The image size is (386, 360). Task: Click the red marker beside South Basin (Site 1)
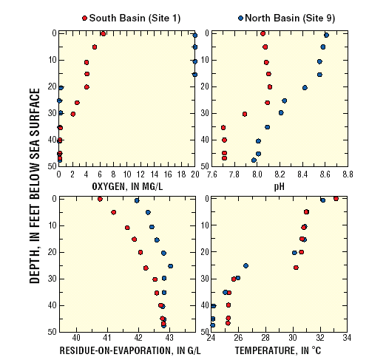click(84, 17)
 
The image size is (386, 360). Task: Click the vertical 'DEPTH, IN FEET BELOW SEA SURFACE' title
click(35, 185)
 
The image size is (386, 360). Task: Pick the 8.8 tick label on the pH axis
click(348, 175)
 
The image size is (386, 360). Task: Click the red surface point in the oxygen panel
click(103, 33)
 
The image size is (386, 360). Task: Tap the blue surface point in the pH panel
click(326, 35)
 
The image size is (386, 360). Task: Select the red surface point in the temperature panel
click(336, 198)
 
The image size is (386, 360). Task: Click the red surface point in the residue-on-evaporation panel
click(100, 199)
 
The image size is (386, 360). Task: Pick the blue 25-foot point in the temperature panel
click(246, 265)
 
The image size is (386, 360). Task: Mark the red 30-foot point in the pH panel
click(245, 114)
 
